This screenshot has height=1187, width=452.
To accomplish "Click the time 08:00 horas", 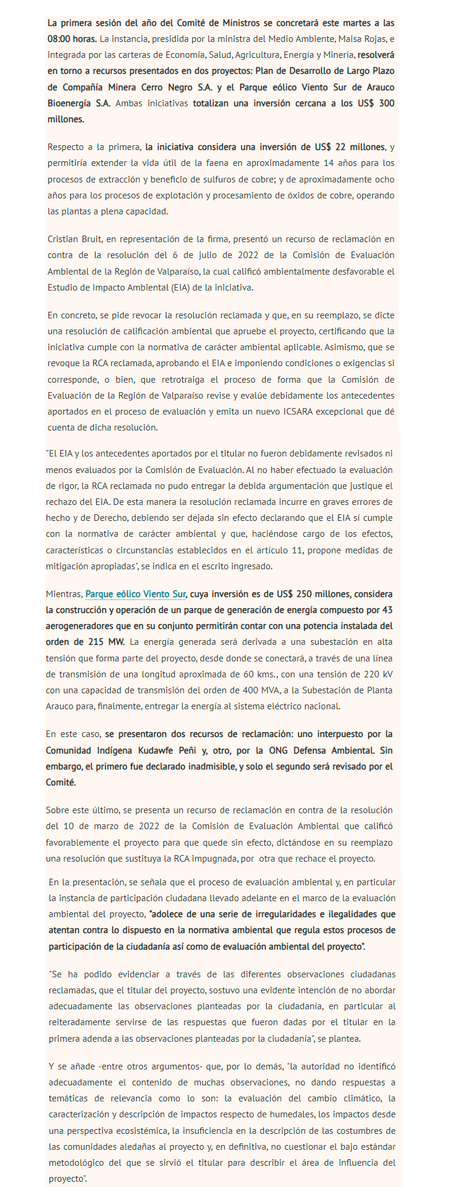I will click(x=72, y=39).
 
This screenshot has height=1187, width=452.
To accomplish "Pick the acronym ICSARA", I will click(x=300, y=412).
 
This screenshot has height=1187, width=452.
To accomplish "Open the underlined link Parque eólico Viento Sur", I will click(x=136, y=594).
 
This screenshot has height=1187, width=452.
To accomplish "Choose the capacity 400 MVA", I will click(x=227, y=690).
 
